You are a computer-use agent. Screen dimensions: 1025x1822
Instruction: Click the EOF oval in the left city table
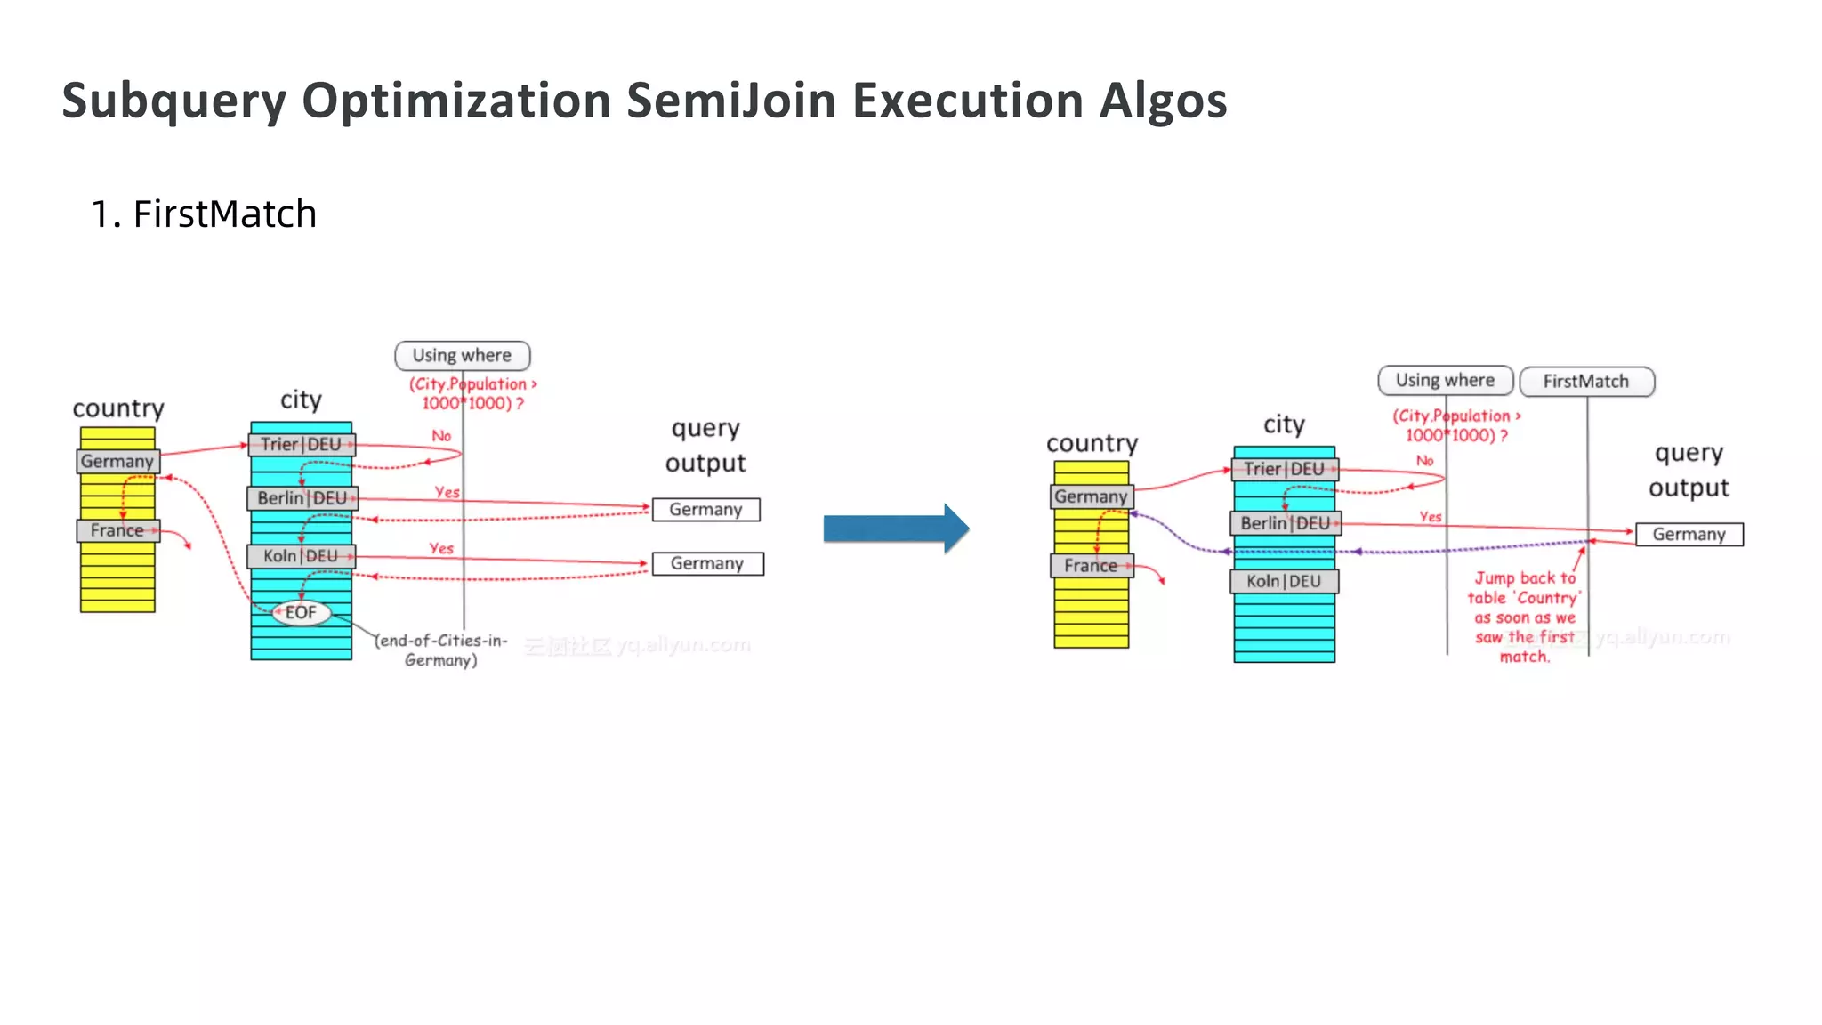pos(301,613)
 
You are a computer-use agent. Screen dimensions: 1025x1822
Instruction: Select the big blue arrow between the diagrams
pos(895,529)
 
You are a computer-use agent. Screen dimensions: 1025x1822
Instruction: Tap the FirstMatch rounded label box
pos(1586,382)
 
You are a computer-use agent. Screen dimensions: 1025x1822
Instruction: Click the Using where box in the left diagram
pos(462,356)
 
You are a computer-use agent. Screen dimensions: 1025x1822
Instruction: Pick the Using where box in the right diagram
pos(1445,381)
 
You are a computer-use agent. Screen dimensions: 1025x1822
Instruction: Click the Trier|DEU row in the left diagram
pos(301,445)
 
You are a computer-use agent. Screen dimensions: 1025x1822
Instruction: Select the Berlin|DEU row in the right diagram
pos(1285,523)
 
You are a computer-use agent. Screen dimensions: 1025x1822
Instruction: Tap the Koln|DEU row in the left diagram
pos(301,556)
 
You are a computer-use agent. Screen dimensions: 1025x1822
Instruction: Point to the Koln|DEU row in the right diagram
pos(1284,582)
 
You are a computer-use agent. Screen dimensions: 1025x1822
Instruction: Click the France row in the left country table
pos(117,530)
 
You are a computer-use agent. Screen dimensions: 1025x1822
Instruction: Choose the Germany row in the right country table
pos(1092,496)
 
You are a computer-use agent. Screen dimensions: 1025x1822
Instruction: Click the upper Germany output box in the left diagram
pos(705,510)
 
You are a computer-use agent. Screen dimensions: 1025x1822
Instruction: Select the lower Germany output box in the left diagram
pos(707,564)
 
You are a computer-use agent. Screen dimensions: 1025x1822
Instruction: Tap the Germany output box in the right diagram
pos(1689,535)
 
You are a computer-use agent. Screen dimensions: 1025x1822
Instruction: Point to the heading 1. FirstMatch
pos(204,214)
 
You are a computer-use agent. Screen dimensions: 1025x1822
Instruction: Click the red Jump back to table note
pos(1524,617)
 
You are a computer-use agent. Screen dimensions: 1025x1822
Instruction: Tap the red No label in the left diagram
pos(441,436)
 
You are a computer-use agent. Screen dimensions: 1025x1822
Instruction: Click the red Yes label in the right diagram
pos(1430,517)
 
